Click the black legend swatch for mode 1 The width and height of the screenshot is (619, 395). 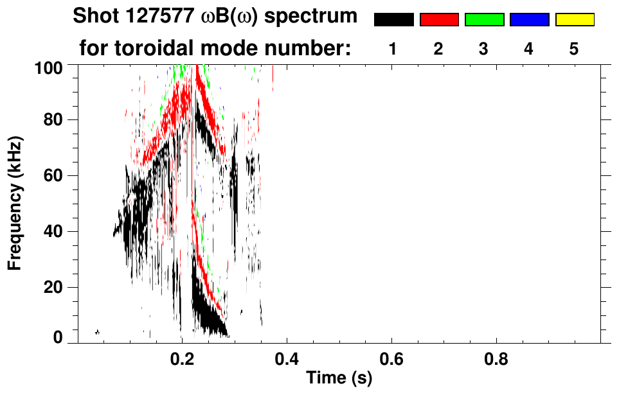393,20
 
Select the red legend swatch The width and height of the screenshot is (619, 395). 439,20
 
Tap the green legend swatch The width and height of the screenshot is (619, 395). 484,20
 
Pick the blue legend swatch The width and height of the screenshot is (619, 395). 529,20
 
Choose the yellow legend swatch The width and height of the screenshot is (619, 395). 575,20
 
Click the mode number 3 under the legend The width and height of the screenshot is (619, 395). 484,49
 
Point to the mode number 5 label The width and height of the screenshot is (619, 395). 574,49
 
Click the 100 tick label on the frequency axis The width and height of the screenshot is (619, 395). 49,67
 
